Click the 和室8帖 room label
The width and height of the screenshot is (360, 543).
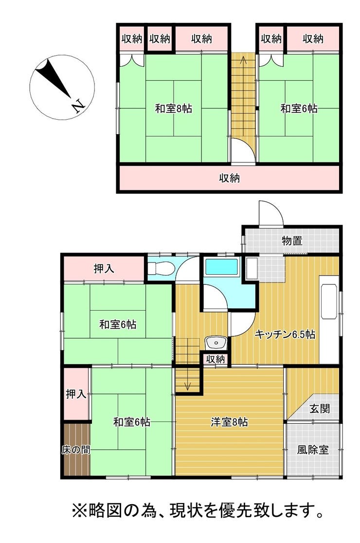(173, 109)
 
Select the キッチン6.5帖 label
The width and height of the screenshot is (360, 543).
(285, 334)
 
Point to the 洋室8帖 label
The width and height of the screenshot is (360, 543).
(229, 422)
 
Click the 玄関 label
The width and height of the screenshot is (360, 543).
(320, 409)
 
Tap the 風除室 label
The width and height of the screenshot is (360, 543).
(313, 450)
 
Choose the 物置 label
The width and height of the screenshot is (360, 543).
(292, 240)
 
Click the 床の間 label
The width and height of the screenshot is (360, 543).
(76, 450)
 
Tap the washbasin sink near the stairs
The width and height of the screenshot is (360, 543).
(216, 343)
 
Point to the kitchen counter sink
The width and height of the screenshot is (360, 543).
(329, 301)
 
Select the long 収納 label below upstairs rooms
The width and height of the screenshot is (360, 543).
(229, 178)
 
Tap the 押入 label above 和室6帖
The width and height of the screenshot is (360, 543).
(104, 268)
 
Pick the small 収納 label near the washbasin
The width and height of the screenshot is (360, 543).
(216, 359)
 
